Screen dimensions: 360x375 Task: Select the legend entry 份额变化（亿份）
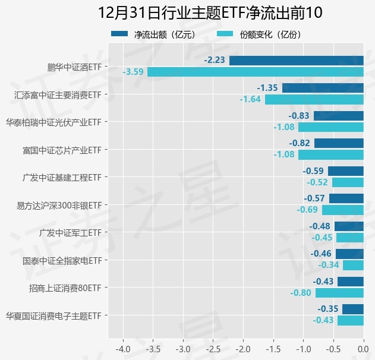270,35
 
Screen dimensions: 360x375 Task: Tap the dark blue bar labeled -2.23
296,61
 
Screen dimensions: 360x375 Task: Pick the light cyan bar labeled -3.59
255,72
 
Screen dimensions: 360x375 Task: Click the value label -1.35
267,88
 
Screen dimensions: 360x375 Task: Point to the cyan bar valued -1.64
314,99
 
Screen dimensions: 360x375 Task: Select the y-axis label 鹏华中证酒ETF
74,67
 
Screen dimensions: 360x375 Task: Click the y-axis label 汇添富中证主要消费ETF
58,94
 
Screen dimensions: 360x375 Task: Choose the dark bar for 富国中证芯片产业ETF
339,143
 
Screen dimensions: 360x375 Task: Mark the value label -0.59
314,171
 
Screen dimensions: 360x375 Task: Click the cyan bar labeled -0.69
342,210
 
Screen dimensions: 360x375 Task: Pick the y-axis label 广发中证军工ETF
70,232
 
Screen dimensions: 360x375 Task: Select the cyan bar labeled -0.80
339,293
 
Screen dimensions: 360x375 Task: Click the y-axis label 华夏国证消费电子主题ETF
53,315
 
